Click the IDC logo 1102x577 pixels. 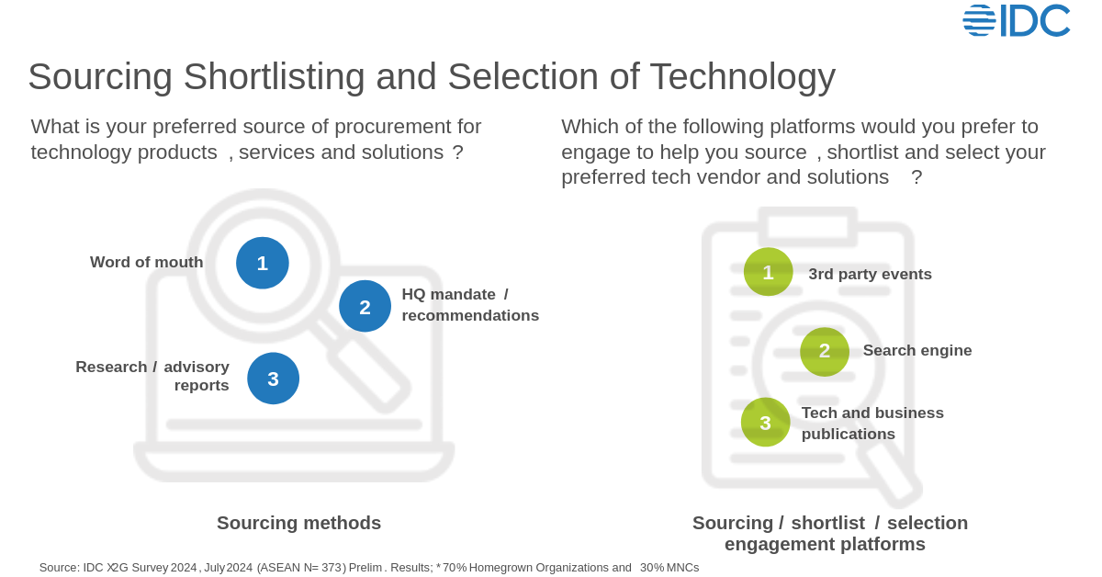click(1017, 20)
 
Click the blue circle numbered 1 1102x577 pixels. click(263, 263)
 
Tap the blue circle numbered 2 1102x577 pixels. click(365, 306)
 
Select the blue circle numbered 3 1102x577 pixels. click(273, 379)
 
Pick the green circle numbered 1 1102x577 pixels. click(768, 272)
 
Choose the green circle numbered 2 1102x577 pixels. click(824, 351)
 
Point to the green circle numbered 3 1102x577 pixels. click(765, 423)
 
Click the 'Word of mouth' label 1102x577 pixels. click(147, 262)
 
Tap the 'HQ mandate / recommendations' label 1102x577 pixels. click(469, 305)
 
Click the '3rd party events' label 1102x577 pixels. click(870, 274)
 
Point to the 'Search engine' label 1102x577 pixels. click(916, 350)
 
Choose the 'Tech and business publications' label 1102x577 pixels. click(871, 424)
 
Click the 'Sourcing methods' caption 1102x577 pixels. click(298, 523)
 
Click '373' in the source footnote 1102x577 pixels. click(332, 568)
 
